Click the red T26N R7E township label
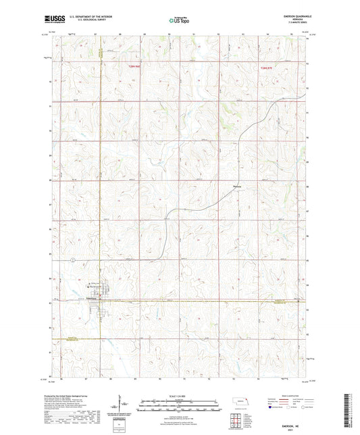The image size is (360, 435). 269,68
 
